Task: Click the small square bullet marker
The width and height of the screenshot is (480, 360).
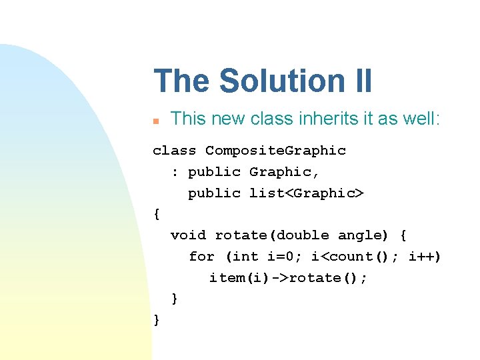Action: point(155,121)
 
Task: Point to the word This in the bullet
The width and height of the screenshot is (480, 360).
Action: point(187,119)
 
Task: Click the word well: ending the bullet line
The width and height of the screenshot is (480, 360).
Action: point(422,119)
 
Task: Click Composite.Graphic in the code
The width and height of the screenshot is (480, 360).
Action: point(275,151)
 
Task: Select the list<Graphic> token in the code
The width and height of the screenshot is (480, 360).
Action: point(307,193)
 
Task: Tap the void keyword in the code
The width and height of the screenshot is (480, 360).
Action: point(188,235)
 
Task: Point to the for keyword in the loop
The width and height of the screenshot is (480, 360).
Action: point(201,257)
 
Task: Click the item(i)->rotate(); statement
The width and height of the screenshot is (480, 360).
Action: point(288,278)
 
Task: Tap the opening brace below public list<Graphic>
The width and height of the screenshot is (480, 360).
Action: point(157,215)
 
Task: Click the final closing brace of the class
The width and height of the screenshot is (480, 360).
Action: point(157,320)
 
